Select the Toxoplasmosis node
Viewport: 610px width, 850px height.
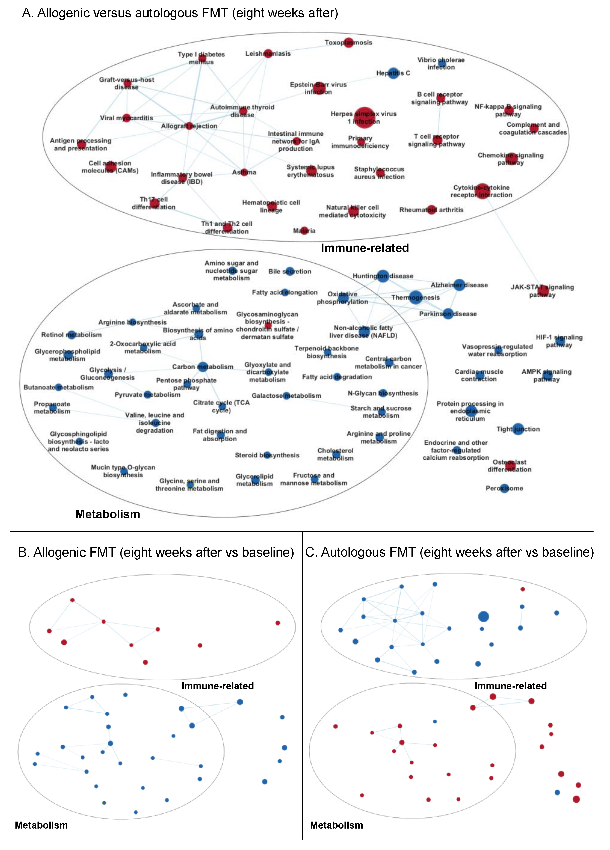coord(349,42)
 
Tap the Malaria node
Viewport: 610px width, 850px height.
coord(304,231)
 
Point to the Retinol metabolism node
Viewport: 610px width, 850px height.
coord(71,335)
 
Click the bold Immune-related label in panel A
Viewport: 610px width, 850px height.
coord(365,248)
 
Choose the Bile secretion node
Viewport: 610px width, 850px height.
coord(290,271)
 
